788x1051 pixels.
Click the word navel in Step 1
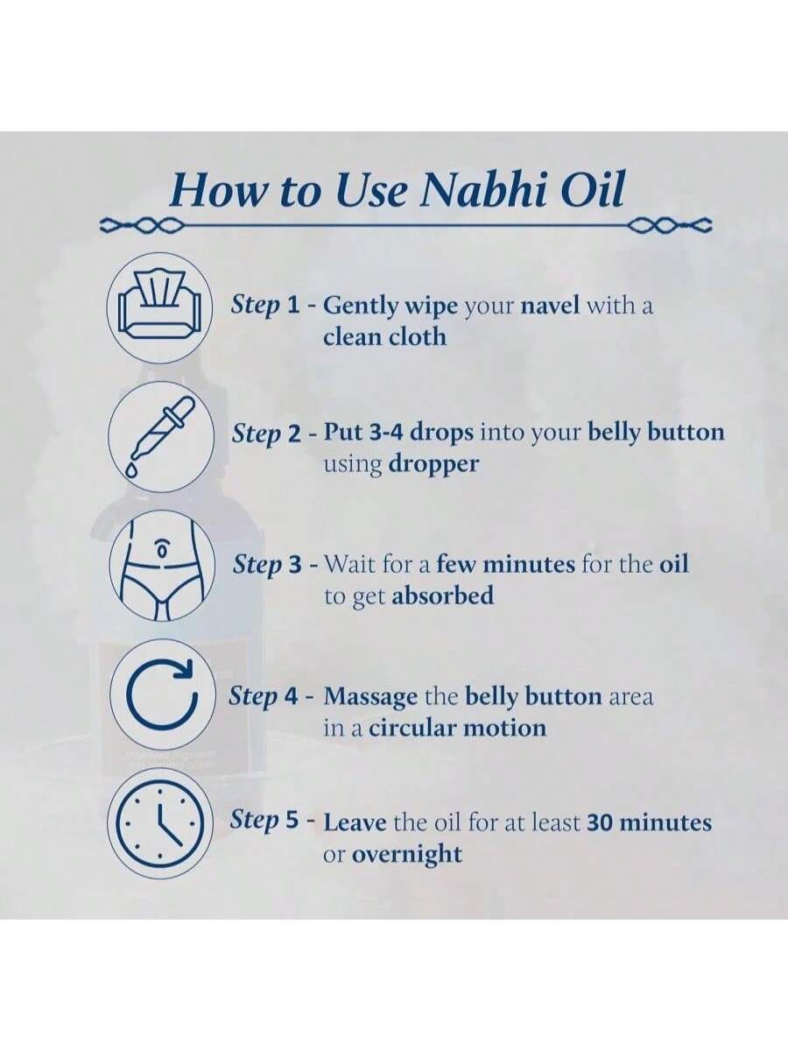pyautogui.click(x=550, y=306)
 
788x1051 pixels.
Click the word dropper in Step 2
pyautogui.click(x=433, y=464)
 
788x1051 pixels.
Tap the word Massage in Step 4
pyautogui.click(x=370, y=698)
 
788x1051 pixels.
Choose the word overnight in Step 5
pyautogui.click(x=406, y=855)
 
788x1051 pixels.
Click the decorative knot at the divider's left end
pyautogui.click(x=141, y=224)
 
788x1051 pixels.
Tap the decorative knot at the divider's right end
pyautogui.click(x=671, y=224)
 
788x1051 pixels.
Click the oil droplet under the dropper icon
pyautogui.click(x=130, y=470)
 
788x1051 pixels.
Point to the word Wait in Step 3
pyautogui.click(x=348, y=565)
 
